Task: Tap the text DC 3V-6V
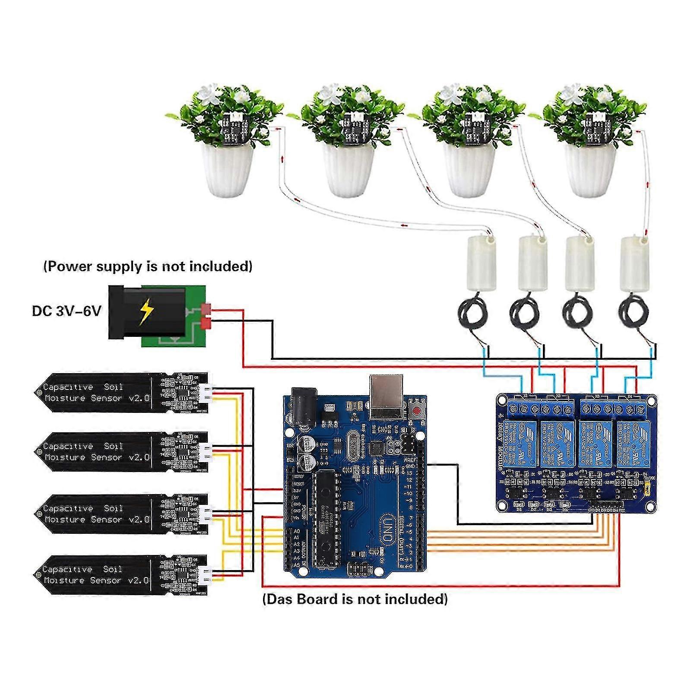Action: click(66, 311)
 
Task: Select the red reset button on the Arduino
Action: click(417, 411)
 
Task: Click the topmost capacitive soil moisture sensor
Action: click(121, 393)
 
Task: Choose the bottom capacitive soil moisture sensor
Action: click(121, 575)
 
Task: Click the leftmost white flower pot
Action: click(228, 169)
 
